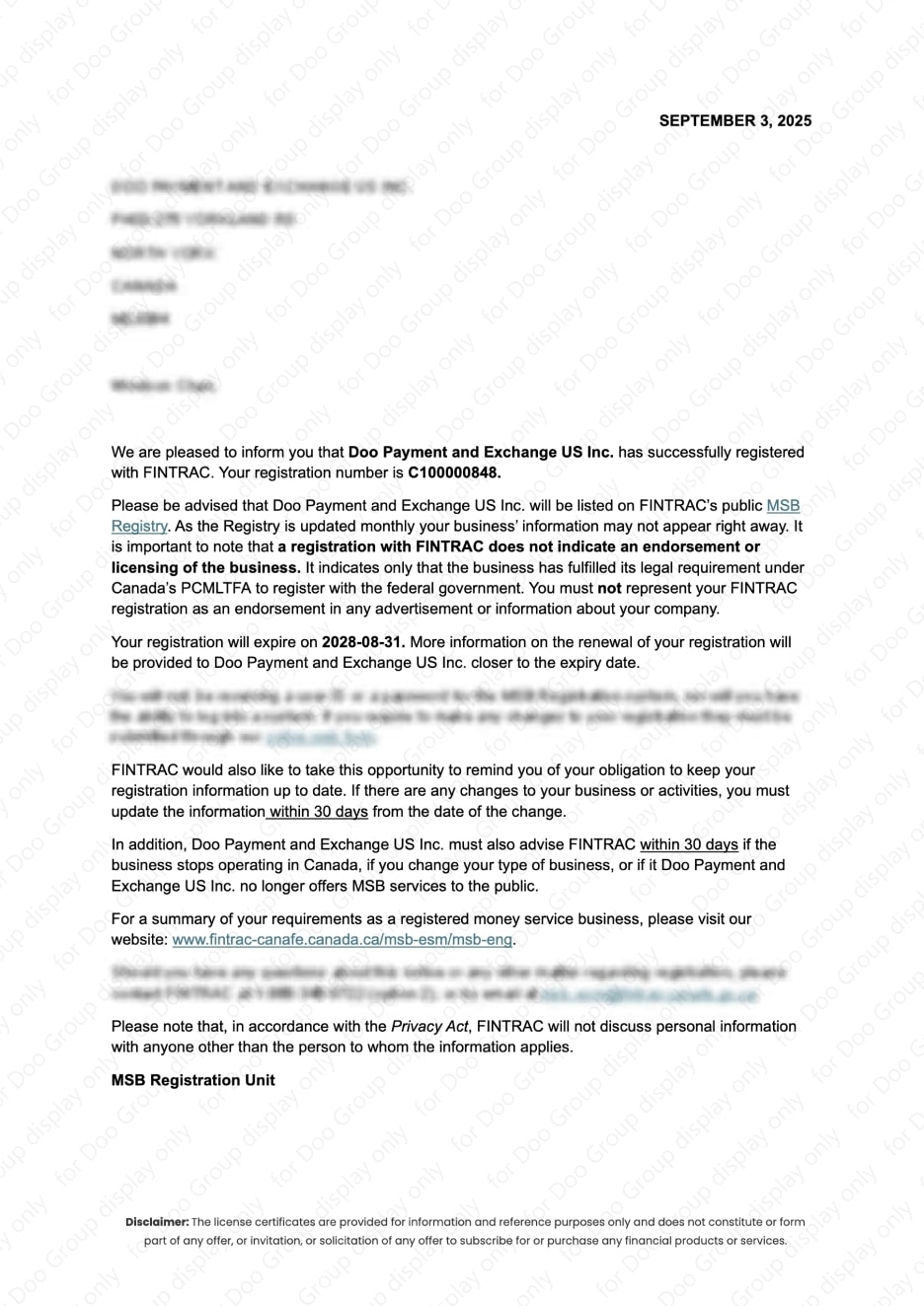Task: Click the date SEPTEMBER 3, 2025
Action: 734,120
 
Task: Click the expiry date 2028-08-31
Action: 363,642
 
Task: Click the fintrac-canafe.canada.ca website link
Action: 342,940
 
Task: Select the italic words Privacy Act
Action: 429,1027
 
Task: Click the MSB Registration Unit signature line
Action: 192,1080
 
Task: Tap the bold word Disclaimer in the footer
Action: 156,1222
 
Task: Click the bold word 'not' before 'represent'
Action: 609,588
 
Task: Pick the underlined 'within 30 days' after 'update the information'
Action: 319,812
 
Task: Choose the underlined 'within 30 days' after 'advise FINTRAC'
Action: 689,844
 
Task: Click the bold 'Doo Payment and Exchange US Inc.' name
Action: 481,453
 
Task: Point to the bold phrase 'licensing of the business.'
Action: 205,567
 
